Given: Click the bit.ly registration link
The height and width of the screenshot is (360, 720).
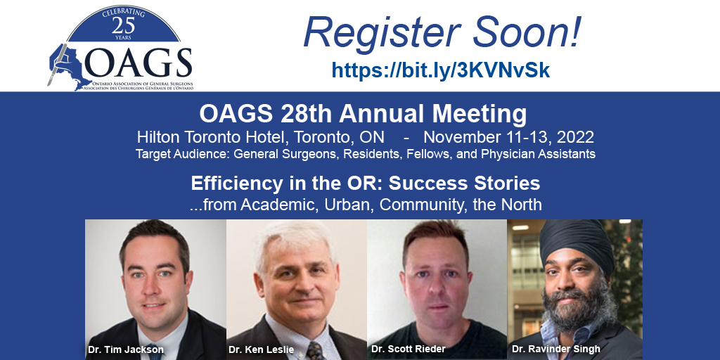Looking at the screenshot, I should pyautogui.click(x=440, y=70).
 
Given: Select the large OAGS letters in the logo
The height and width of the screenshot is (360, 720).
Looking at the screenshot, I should pyautogui.click(x=138, y=65).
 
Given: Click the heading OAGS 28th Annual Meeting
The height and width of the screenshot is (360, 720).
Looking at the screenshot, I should pyautogui.click(x=363, y=113).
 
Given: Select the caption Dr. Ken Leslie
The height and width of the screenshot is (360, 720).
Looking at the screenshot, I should pyautogui.click(x=260, y=349).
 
